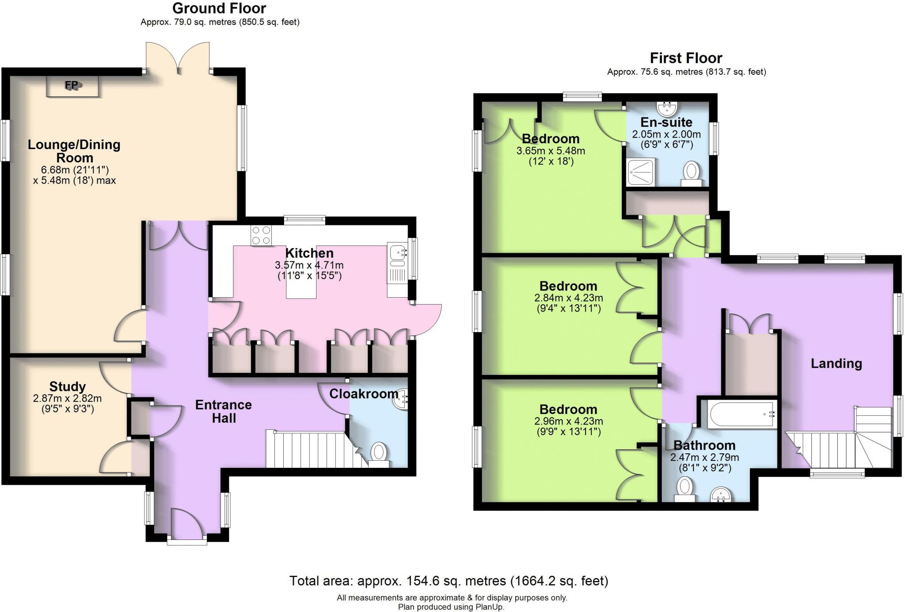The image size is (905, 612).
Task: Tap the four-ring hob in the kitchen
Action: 261,235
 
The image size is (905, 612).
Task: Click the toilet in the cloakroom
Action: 378,453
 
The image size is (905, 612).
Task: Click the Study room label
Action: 67,386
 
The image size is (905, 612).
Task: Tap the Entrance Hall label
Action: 224,411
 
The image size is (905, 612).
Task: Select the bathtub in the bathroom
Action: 741,415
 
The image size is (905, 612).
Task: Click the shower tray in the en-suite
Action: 641,172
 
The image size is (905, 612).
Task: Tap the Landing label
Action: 836,363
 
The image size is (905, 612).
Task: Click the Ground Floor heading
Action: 219,8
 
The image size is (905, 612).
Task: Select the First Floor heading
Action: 686,58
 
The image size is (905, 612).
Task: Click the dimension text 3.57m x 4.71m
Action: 309,265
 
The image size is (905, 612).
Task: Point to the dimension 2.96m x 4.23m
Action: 568,421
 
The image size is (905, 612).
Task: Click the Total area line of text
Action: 449,581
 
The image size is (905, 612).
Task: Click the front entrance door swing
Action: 186,524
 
